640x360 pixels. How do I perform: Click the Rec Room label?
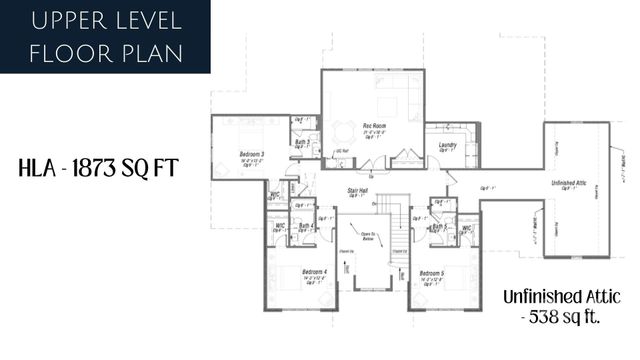pyautogui.click(x=373, y=124)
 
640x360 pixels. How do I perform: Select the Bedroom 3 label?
pyautogui.click(x=251, y=154)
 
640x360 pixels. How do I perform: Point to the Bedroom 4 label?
pyautogui.click(x=313, y=272)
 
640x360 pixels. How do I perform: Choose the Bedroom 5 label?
pyautogui.click(x=432, y=272)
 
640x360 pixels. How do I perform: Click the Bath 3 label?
pyautogui.click(x=301, y=143)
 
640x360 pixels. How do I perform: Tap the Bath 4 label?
pyautogui.click(x=306, y=226)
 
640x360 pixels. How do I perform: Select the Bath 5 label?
pyautogui.click(x=437, y=227)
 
